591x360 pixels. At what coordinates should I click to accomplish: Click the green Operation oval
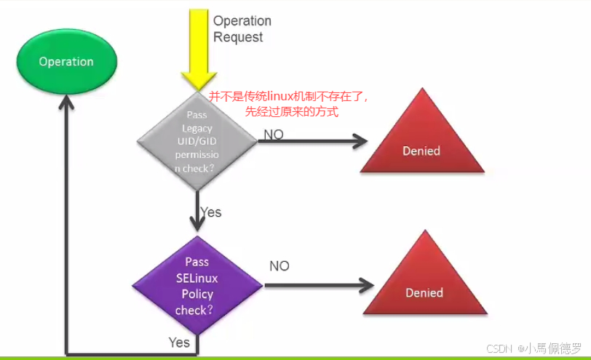point(66,62)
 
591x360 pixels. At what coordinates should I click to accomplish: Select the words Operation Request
point(242,29)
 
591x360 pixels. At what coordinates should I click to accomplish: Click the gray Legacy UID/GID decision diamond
point(197,141)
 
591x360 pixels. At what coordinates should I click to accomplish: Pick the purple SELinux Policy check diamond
point(197,285)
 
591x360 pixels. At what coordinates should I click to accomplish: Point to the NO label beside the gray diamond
point(274,135)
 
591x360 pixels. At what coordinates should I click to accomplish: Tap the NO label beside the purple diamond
point(279,266)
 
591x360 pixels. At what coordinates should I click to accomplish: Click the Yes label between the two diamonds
point(210,212)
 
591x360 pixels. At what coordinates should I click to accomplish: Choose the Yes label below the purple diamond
point(179,342)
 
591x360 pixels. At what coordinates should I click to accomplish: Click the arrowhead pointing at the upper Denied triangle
point(359,142)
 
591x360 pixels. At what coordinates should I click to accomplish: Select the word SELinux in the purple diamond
point(197,278)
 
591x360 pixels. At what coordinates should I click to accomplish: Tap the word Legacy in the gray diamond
point(197,129)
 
